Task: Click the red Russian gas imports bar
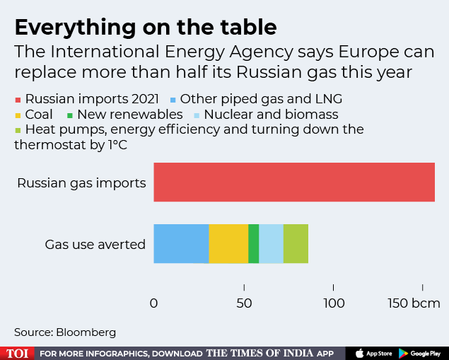(x=294, y=182)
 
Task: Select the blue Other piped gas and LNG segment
(x=181, y=244)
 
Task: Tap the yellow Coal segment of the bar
(x=228, y=244)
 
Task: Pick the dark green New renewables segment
(x=253, y=244)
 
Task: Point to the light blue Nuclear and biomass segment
(x=271, y=244)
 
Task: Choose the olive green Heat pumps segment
(x=296, y=244)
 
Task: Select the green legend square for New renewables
(x=70, y=115)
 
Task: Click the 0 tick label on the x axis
(x=154, y=303)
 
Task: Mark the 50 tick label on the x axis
(x=244, y=303)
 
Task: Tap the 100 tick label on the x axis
(x=334, y=303)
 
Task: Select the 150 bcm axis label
(x=414, y=303)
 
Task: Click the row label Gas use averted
(x=95, y=245)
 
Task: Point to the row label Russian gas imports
(x=81, y=183)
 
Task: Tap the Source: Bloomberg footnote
(x=65, y=332)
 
